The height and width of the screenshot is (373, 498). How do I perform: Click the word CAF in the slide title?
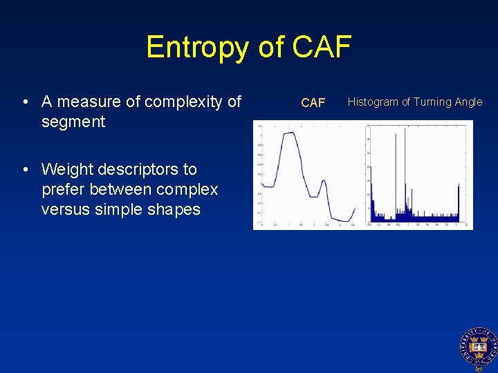click(x=322, y=48)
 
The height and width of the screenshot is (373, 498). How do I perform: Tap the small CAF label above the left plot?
click(x=313, y=103)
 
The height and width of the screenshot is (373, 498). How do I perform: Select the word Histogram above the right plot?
click(x=372, y=102)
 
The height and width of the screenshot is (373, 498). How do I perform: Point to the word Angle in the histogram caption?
click(x=468, y=102)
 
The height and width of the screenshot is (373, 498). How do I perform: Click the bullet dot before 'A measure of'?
click(x=25, y=103)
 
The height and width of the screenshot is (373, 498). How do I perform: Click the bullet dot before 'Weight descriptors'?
click(x=25, y=170)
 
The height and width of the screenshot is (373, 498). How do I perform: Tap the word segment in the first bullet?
click(x=73, y=122)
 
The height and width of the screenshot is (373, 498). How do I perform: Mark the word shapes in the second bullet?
click(x=175, y=209)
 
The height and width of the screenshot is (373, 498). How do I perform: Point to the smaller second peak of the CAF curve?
click(x=322, y=181)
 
